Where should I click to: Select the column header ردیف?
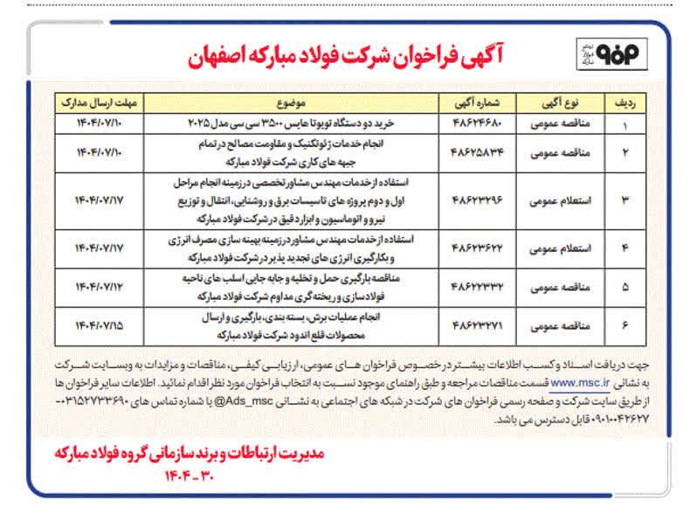tap(624, 101)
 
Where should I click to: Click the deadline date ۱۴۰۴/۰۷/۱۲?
tap(94, 287)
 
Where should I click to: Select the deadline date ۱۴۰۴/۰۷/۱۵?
tap(94, 325)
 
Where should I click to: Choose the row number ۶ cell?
tap(624, 325)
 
